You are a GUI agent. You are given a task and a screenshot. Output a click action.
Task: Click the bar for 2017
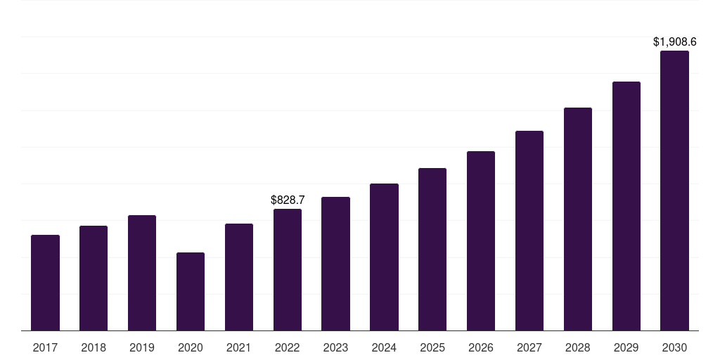(x=45, y=283)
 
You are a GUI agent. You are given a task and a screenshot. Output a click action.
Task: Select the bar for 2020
(x=191, y=291)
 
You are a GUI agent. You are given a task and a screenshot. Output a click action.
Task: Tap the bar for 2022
(x=288, y=269)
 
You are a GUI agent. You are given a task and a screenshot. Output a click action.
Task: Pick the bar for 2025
(x=432, y=249)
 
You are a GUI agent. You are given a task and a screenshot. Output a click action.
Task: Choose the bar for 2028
(x=578, y=219)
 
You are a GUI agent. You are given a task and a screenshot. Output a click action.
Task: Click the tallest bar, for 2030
(x=674, y=191)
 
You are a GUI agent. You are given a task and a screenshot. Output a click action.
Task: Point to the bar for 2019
(x=142, y=273)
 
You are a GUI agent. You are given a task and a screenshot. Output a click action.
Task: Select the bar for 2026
(x=481, y=240)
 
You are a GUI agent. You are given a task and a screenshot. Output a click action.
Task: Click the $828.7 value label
(x=288, y=200)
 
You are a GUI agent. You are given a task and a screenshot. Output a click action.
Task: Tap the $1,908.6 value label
(x=675, y=42)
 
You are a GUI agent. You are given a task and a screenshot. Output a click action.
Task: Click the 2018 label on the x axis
(x=94, y=347)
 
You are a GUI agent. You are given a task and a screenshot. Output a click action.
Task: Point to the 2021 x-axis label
(x=239, y=347)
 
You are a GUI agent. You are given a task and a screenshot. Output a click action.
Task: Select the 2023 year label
(x=335, y=347)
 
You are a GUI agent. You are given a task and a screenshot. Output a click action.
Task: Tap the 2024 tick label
(x=384, y=347)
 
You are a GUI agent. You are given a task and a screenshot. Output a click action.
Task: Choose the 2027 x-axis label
(x=529, y=347)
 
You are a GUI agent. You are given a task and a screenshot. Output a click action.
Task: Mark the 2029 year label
(x=626, y=347)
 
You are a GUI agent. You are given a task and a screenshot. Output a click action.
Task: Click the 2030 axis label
(x=674, y=347)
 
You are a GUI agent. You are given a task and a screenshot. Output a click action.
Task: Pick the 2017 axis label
(x=45, y=347)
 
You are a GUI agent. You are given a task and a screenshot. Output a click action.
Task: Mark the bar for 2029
(x=626, y=206)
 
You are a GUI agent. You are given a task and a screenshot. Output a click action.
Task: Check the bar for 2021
(x=239, y=277)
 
